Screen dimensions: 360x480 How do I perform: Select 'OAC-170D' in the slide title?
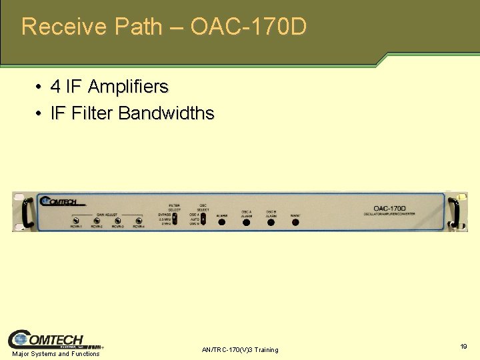pyautogui.click(x=249, y=27)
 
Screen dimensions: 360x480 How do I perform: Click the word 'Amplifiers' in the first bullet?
pyautogui.click(x=128, y=87)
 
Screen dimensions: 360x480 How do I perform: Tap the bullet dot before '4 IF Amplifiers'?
pyautogui.click(x=40, y=87)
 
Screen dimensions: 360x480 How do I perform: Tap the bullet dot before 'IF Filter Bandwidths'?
pyautogui.click(x=40, y=114)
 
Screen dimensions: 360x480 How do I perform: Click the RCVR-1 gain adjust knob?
pyautogui.click(x=76, y=221)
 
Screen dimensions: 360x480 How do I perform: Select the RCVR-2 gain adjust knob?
pyautogui.click(x=97, y=221)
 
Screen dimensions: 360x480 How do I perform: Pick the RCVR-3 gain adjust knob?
pyautogui.click(x=117, y=221)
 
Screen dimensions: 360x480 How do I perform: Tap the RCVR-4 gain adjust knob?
pyautogui.click(x=139, y=221)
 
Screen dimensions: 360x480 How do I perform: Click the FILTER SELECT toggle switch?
pyautogui.click(x=175, y=218)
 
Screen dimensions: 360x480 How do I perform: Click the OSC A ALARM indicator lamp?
pyautogui.click(x=246, y=221)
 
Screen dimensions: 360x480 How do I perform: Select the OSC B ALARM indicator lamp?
pyautogui.click(x=271, y=221)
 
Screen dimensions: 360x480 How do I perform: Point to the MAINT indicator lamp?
pyautogui.click(x=295, y=222)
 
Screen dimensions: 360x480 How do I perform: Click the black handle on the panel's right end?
pyautogui.click(x=455, y=212)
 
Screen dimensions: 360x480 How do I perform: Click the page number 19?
pyautogui.click(x=463, y=347)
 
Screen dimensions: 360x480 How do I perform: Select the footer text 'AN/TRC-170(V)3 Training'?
pyautogui.click(x=240, y=350)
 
